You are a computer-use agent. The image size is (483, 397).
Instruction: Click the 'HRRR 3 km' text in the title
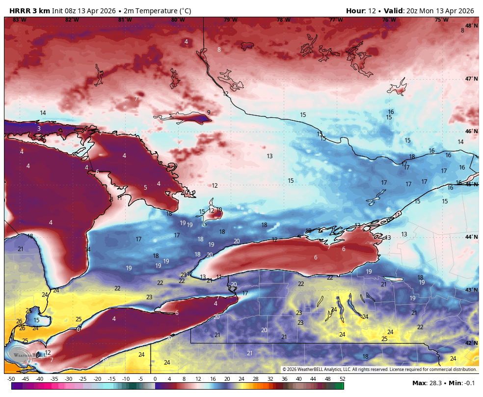click(29, 11)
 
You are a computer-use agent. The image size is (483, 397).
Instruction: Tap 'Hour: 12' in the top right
click(361, 11)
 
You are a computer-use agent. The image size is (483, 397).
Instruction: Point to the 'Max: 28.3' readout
click(426, 383)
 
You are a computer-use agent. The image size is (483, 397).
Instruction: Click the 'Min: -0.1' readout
click(461, 383)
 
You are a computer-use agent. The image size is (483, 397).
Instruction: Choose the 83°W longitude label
click(19, 20)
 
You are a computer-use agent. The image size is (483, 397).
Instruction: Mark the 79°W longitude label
click(230, 20)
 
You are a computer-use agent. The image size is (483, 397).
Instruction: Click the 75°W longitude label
click(441, 20)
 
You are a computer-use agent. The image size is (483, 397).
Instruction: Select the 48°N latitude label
click(471, 26)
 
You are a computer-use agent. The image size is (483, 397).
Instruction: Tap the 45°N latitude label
click(471, 184)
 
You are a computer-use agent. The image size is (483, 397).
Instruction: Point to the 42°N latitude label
click(471, 343)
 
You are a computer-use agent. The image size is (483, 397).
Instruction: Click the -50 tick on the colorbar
click(11, 379)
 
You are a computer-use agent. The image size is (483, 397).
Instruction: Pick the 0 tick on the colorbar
click(155, 379)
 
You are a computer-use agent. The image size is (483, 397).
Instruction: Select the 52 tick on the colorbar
click(342, 379)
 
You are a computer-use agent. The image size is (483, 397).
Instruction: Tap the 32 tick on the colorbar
click(270, 379)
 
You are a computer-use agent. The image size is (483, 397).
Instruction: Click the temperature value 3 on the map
click(39, 129)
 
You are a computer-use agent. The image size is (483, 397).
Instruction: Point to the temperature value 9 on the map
click(209, 113)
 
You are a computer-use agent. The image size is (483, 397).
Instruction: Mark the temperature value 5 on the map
click(145, 187)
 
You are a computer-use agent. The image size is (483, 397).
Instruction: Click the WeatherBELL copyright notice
click(379, 369)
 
